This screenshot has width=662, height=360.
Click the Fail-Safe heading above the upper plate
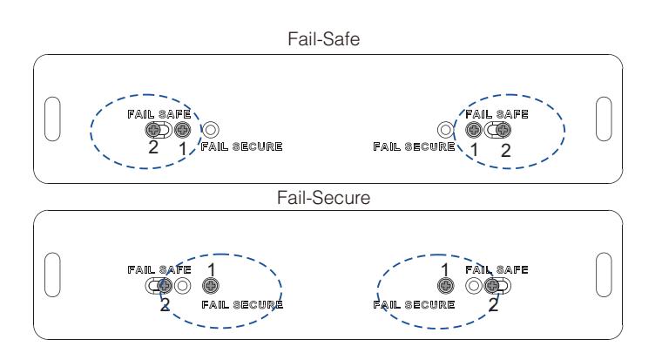(x=323, y=39)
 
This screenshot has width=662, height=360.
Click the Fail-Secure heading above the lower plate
(x=323, y=198)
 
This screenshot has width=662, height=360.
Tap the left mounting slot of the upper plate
(x=52, y=119)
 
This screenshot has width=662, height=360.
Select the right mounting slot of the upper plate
(x=604, y=119)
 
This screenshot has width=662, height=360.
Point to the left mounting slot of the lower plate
(x=52, y=275)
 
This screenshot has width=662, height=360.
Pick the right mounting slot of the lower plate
(x=604, y=275)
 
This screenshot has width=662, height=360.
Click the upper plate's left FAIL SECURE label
(x=241, y=146)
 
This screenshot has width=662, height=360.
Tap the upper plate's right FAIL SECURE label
(x=414, y=146)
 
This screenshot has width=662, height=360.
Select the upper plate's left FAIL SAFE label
(x=159, y=114)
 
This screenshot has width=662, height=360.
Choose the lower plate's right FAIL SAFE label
(x=496, y=269)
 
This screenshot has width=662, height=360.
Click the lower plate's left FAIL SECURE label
(x=242, y=304)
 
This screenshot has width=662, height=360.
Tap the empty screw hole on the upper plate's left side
(x=210, y=130)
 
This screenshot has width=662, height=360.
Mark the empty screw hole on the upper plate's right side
(x=445, y=130)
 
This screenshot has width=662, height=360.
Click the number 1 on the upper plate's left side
(x=182, y=149)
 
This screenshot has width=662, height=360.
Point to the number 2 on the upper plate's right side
(x=505, y=151)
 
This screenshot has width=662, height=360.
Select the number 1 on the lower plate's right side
(x=444, y=269)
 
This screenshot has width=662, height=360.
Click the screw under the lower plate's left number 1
(x=210, y=286)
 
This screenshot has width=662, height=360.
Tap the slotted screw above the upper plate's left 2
(x=153, y=130)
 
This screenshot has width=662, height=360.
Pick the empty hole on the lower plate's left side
(x=182, y=286)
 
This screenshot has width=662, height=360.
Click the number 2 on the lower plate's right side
(x=493, y=304)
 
